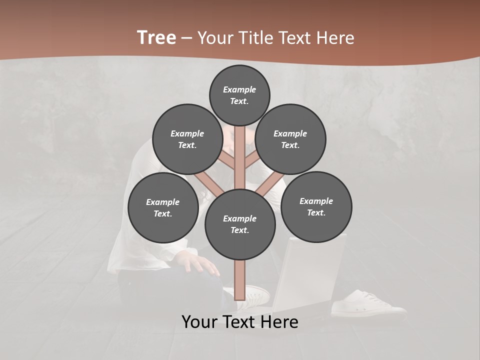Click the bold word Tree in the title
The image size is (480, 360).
156,37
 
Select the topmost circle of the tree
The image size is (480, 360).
239,95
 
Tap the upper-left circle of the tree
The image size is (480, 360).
187,139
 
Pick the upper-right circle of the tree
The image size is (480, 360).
290,139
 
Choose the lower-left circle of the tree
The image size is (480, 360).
163,207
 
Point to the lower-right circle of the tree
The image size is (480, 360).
316,206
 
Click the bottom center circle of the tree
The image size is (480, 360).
240,224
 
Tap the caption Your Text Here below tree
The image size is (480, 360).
240,322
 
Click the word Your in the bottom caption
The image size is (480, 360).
200,322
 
